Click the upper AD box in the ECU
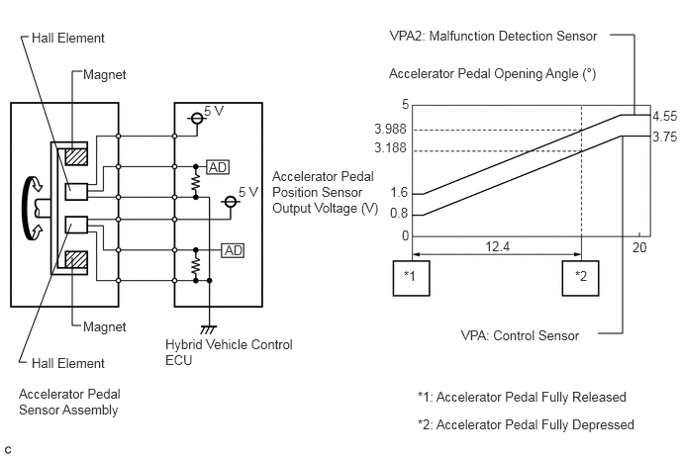(x=218, y=167)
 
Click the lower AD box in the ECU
(x=233, y=250)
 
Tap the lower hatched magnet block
(x=76, y=260)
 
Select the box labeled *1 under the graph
(x=412, y=278)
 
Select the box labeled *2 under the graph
(x=581, y=278)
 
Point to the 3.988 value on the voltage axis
(x=390, y=129)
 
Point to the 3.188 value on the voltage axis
(x=390, y=148)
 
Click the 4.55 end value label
(x=664, y=117)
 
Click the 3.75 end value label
(x=664, y=137)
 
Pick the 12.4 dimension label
(x=497, y=246)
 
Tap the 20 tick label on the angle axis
(x=639, y=247)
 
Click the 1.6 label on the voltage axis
(x=399, y=192)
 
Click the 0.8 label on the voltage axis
(x=399, y=213)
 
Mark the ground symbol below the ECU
(x=209, y=330)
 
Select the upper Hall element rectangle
(x=76, y=192)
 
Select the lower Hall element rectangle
(x=76, y=226)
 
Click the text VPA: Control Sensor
(x=520, y=335)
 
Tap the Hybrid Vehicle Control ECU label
(x=229, y=352)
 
